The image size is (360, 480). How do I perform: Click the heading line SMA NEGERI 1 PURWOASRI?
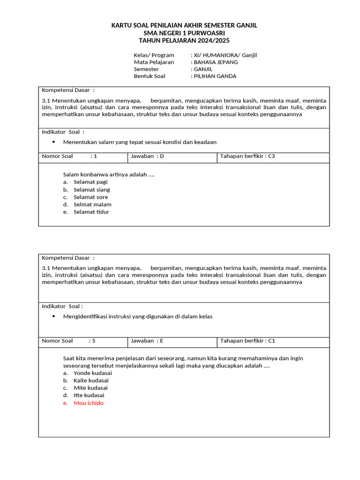click(184, 33)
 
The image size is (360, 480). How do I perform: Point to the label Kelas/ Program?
click(154, 55)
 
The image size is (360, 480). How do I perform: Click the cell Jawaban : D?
click(148, 156)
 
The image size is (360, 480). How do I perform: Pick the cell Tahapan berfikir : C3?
click(247, 156)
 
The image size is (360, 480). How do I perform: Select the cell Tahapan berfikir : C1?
click(247, 341)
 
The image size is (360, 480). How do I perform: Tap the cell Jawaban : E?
click(147, 341)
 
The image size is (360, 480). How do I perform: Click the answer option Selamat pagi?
click(90, 182)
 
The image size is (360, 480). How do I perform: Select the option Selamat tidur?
click(91, 212)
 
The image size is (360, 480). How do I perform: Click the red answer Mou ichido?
click(89, 403)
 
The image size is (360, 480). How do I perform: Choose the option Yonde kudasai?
click(93, 373)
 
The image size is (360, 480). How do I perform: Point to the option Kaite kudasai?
click(91, 380)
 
